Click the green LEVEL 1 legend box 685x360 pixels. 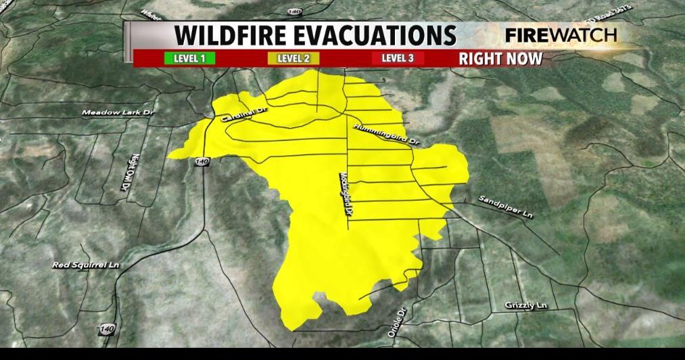(x=189, y=58)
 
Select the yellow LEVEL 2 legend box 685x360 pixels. (x=293, y=58)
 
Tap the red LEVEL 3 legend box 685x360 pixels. (x=398, y=58)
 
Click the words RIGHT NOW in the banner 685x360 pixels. (x=500, y=58)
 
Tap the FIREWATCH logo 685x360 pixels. (x=561, y=35)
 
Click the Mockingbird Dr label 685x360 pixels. (x=346, y=194)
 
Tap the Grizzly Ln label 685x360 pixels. (x=525, y=306)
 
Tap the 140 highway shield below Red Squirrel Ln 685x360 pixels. (x=106, y=329)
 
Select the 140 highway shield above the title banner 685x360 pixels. (x=293, y=12)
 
